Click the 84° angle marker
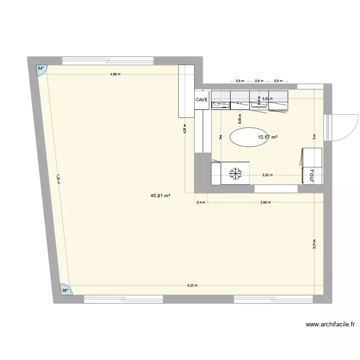coord(42,69)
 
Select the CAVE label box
coord(202,100)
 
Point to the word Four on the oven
coord(311,175)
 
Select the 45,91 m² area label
coord(161,196)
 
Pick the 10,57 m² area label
coord(267,137)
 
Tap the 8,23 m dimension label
coord(192,285)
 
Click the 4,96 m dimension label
coord(115,74)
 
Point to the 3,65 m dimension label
coord(265,202)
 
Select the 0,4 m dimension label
coord(201,202)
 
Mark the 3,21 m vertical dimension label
coord(314,244)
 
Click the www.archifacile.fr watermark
coord(330,324)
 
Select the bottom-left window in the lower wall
coord(123,299)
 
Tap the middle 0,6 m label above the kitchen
coord(259,81)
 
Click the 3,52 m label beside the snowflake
coord(267,175)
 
